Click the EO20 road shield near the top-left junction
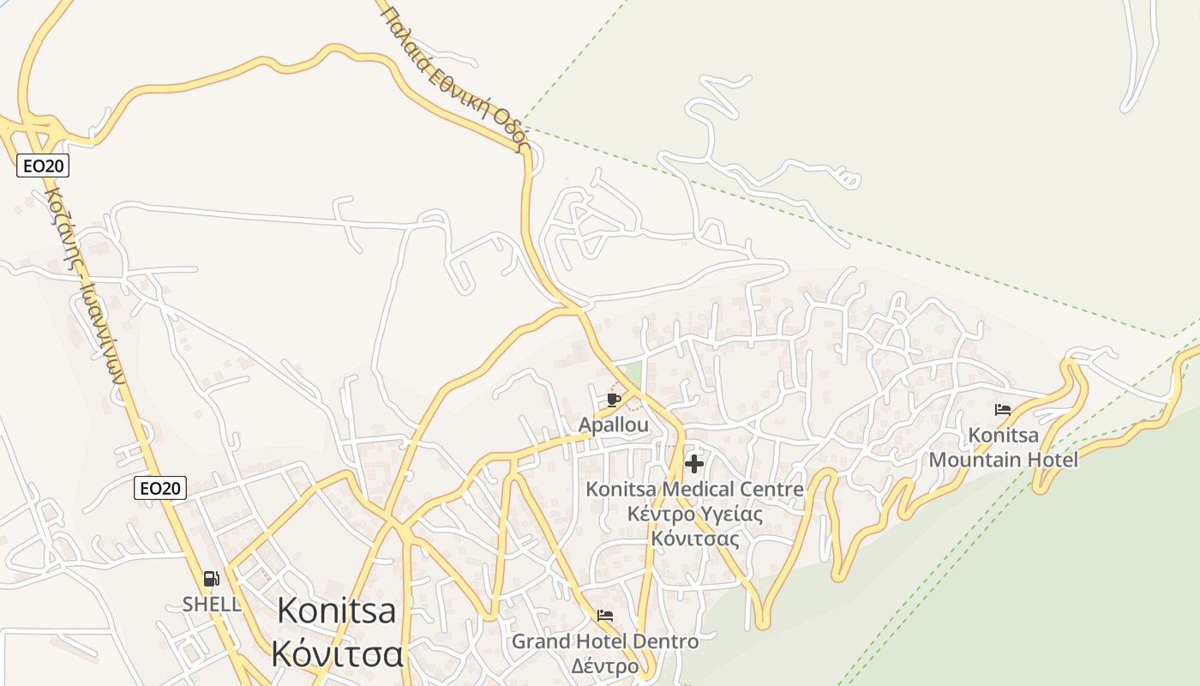pos(43,165)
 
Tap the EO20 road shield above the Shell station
pos(160,488)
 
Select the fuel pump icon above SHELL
pos(211,579)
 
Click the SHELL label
pos(212,604)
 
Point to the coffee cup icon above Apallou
pos(613,399)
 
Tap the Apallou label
pos(613,425)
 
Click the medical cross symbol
pos(694,464)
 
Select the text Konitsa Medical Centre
pos(694,490)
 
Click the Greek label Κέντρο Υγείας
pos(694,514)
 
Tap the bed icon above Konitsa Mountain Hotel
pos(1003,410)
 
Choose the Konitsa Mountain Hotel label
pos(1003,448)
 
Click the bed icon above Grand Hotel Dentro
pos(605,616)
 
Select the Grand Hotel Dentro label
pos(605,641)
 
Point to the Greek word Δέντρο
pos(605,666)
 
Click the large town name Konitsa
pos(337,611)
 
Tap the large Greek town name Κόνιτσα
pos(337,653)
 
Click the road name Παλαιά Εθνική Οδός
pos(454,77)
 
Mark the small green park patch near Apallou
pos(632,374)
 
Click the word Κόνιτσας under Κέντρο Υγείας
pos(694,539)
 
